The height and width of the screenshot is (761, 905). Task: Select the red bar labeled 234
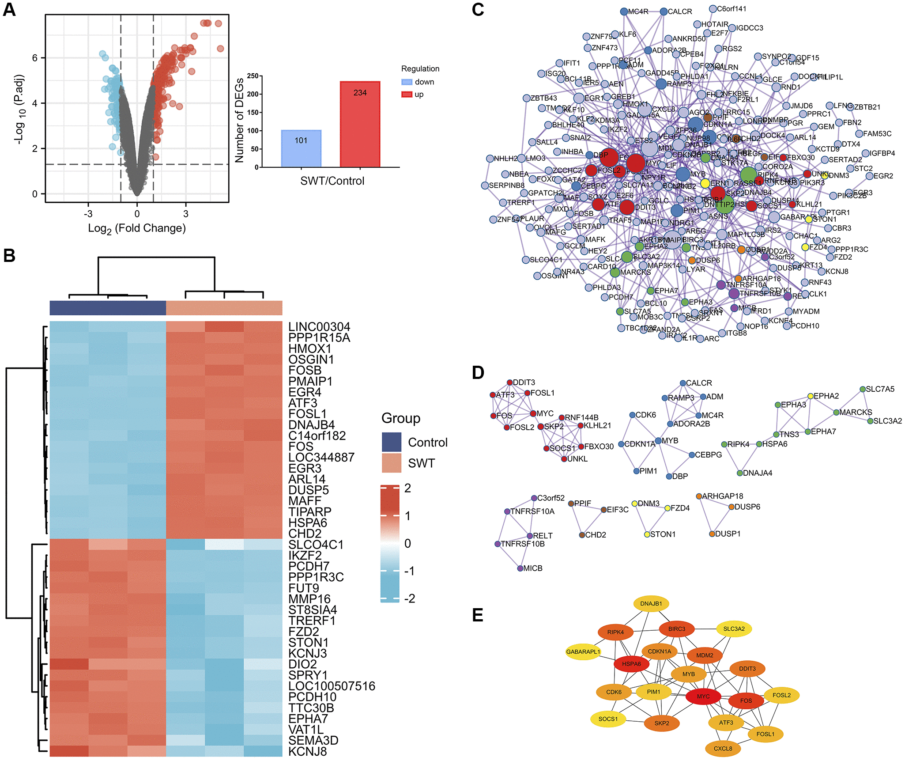[360, 124]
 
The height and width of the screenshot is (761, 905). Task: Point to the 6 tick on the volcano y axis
[35, 58]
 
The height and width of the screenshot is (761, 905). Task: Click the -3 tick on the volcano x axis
[88, 214]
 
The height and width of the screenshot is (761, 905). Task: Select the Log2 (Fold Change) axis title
[137, 228]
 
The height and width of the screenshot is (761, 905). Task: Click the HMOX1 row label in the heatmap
[309, 348]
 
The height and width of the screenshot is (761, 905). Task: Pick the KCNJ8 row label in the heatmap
[307, 751]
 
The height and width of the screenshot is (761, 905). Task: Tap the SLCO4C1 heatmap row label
[316, 545]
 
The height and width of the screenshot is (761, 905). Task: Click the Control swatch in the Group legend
[392, 442]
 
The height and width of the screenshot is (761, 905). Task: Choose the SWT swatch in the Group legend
[392, 463]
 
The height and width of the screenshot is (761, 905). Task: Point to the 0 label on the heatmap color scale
[407, 543]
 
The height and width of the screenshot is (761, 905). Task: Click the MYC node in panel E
[703, 697]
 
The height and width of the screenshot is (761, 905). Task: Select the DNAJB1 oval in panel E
[651, 604]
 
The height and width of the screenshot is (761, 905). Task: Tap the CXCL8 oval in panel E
[723, 749]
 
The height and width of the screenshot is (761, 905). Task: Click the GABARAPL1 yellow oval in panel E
[583, 652]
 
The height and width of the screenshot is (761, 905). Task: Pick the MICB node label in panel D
[532, 568]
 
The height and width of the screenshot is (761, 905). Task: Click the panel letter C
[478, 10]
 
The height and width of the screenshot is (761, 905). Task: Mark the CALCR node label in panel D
[699, 383]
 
